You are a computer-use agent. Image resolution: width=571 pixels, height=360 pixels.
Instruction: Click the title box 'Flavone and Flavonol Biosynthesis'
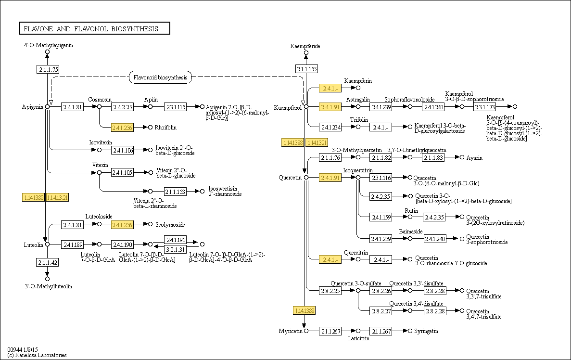[x=94, y=29]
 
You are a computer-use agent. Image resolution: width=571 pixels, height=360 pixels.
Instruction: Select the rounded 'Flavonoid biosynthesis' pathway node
[x=160, y=77]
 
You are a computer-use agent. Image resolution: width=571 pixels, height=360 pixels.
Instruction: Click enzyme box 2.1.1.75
[x=48, y=69]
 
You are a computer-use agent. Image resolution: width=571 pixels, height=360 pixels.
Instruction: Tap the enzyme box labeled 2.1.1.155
[x=306, y=69]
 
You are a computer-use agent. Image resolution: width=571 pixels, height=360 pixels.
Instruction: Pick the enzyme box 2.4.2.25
[x=122, y=107]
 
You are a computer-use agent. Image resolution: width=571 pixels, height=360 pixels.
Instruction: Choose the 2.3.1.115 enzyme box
[x=176, y=107]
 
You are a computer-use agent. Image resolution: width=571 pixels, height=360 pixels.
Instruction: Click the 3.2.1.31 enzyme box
[x=176, y=250]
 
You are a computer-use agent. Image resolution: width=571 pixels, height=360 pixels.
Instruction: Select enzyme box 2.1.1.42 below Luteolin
[x=48, y=262]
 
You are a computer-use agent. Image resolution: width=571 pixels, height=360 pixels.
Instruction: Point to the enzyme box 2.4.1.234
[x=331, y=127]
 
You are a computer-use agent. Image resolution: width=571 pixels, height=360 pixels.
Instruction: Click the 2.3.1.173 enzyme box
[x=485, y=107]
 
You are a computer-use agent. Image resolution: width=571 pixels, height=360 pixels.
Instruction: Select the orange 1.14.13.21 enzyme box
[x=57, y=197]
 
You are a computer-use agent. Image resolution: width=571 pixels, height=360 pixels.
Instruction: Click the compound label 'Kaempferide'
[x=305, y=46]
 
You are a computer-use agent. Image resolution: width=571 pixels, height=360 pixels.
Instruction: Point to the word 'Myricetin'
[x=290, y=331]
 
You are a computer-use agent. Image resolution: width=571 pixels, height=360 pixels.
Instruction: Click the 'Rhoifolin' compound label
[x=165, y=128]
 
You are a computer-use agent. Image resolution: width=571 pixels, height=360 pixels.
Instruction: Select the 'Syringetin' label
[x=426, y=331]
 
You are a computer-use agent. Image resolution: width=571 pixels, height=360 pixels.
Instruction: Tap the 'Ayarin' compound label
[x=474, y=158]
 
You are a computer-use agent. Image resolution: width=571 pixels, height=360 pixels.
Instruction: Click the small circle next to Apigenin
[x=48, y=107]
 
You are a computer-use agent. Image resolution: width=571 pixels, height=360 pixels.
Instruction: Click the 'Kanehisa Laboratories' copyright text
[x=37, y=355]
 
